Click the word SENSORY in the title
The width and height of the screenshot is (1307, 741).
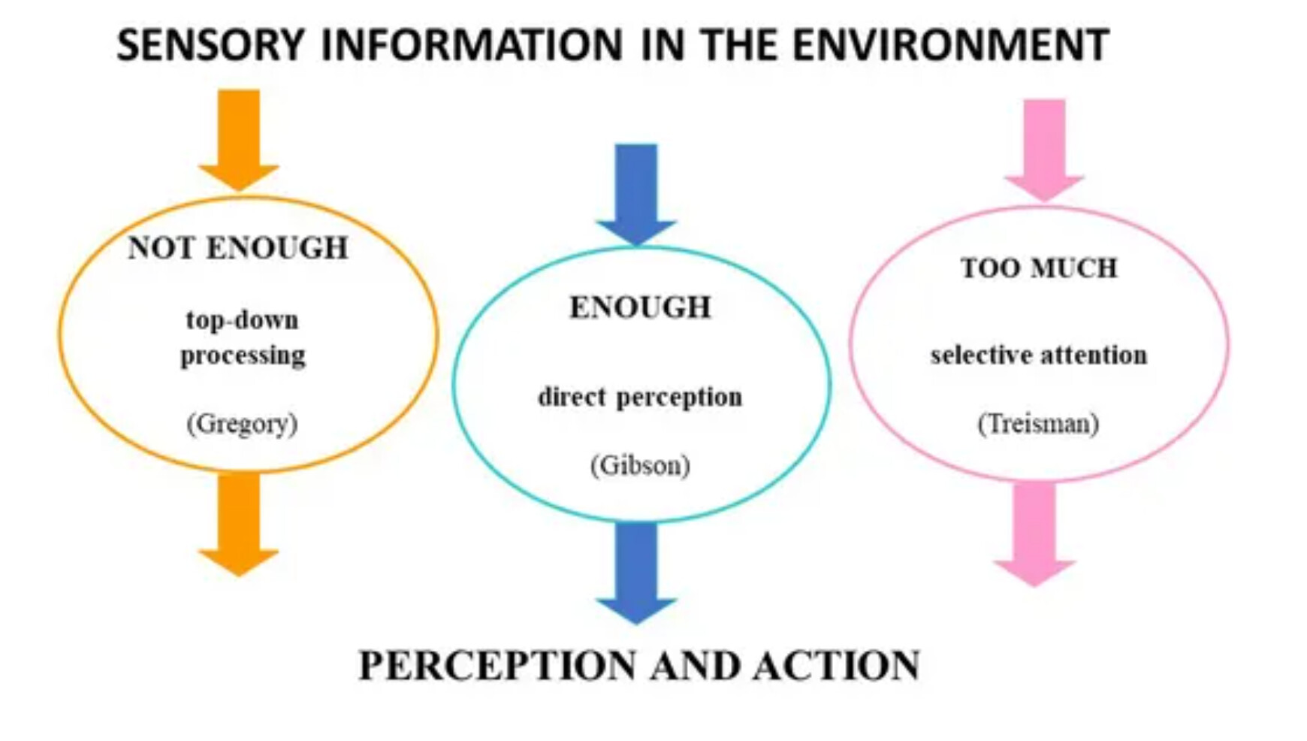point(210,44)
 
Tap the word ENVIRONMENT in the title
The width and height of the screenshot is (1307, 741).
point(950,44)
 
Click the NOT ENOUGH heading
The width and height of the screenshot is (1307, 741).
point(238,248)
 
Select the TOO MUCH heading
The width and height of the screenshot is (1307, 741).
point(1039,268)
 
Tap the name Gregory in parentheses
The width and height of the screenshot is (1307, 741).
point(242,424)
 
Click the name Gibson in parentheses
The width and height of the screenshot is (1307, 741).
point(640,466)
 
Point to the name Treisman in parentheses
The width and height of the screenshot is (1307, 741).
point(1038,424)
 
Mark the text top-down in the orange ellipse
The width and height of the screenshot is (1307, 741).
point(242,320)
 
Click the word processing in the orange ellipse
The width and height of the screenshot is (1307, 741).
point(243,356)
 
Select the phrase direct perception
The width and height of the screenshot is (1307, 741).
point(640,397)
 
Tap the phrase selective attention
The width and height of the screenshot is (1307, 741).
point(1039,355)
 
